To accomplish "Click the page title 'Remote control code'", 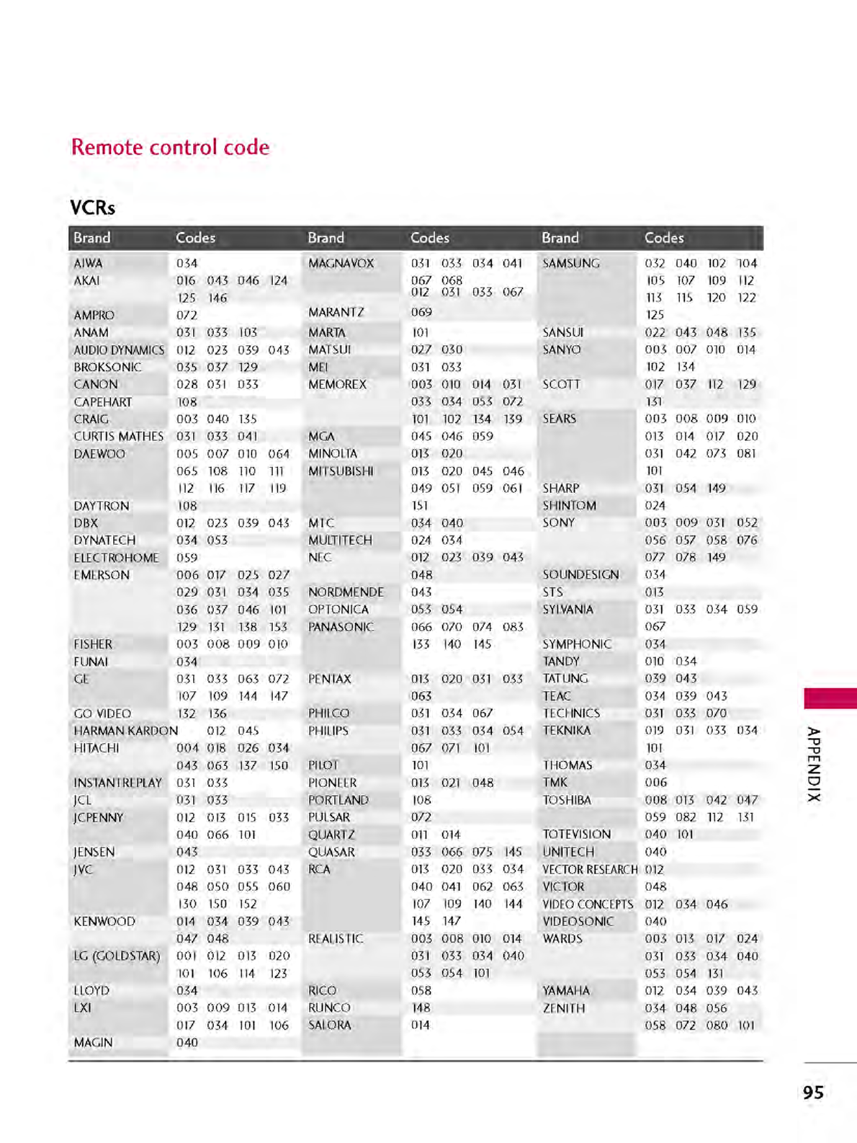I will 170,147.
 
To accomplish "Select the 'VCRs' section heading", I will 92,208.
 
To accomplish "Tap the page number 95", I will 813,1093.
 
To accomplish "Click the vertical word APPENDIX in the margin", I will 813,765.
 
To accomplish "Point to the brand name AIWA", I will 88,263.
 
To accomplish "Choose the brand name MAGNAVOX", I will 341,263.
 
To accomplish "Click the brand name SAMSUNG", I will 570,263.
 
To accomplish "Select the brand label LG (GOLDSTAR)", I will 117,956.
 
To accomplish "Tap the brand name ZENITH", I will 564,1008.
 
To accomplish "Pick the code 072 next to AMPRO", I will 187,315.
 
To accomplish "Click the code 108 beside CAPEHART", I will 187,401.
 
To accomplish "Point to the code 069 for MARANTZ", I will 421,312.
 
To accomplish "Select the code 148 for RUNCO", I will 421,1008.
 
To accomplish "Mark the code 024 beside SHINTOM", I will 655,505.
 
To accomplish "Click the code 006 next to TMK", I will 655,782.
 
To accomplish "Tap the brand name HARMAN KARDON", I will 125,731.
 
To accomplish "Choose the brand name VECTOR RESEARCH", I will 590,869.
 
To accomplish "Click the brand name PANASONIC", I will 341,627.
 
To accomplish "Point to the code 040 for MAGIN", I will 187,1042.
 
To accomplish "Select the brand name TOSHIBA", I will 566,800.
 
